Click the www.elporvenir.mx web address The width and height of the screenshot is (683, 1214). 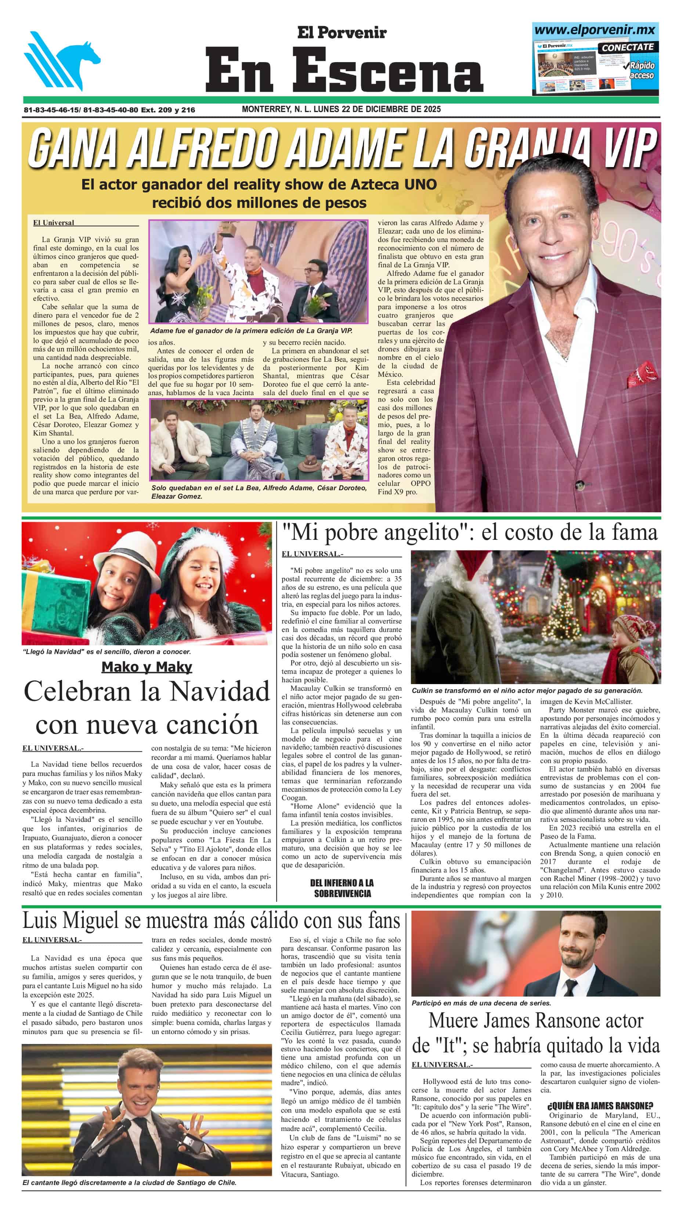coord(595,30)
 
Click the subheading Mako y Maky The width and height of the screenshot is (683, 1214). coord(147,667)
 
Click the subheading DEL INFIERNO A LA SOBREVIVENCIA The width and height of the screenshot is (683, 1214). coord(342,888)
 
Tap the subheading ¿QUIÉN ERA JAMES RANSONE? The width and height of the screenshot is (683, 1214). coord(600,1105)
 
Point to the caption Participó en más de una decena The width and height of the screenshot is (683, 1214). coord(481,1003)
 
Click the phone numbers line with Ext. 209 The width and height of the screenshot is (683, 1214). coord(109,110)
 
